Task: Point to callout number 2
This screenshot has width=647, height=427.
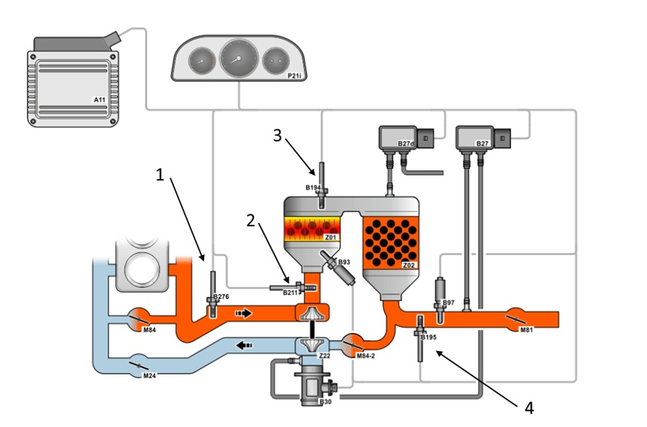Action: point(251,221)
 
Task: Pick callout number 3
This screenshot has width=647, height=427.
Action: point(277,136)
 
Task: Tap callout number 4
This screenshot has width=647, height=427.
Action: point(530,408)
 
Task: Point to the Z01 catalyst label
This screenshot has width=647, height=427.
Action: point(330,236)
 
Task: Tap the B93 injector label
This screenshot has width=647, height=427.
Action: point(344,263)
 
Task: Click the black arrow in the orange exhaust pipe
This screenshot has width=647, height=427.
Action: point(245,313)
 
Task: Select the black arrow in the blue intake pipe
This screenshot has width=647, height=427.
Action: point(245,345)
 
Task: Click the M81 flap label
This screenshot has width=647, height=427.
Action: point(528,330)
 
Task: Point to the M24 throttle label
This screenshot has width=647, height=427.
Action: point(150,375)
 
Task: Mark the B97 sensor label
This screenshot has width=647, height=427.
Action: point(448,303)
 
